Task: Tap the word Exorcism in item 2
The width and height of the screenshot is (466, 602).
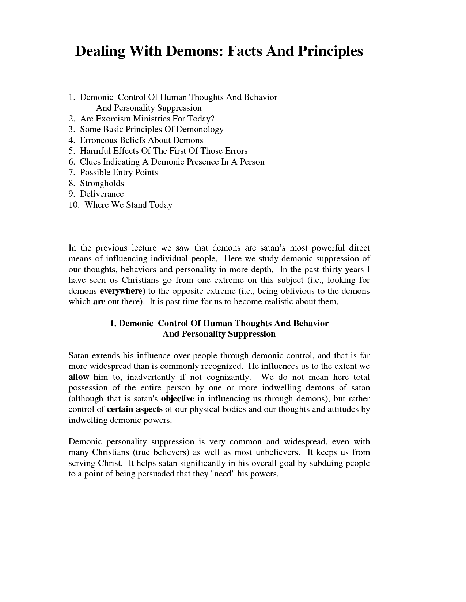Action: (113, 119)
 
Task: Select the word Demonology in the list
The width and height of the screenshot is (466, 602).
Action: (200, 130)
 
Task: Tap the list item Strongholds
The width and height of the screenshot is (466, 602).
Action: (102, 184)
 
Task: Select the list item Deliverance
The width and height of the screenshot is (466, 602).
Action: (102, 194)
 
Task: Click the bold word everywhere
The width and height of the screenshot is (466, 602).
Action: (121, 291)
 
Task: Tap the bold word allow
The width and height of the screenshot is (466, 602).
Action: (79, 377)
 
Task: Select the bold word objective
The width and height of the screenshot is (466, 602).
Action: (177, 399)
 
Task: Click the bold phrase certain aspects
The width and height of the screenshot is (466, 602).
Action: (135, 409)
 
